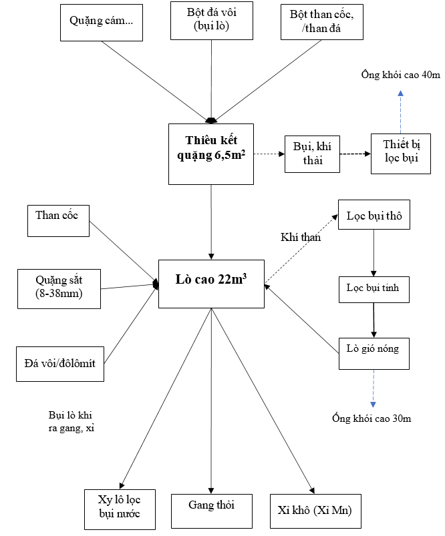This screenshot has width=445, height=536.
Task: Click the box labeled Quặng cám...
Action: (x=102, y=21)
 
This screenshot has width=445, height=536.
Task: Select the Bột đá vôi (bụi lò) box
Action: (x=211, y=21)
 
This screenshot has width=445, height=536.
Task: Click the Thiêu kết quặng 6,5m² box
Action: (x=211, y=154)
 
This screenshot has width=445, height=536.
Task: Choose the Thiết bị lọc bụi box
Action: (x=400, y=154)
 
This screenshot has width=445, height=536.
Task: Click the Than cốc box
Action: (x=58, y=221)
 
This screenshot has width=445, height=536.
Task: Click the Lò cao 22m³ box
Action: (x=211, y=283)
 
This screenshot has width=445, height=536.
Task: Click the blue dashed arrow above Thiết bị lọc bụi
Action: (x=400, y=110)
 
